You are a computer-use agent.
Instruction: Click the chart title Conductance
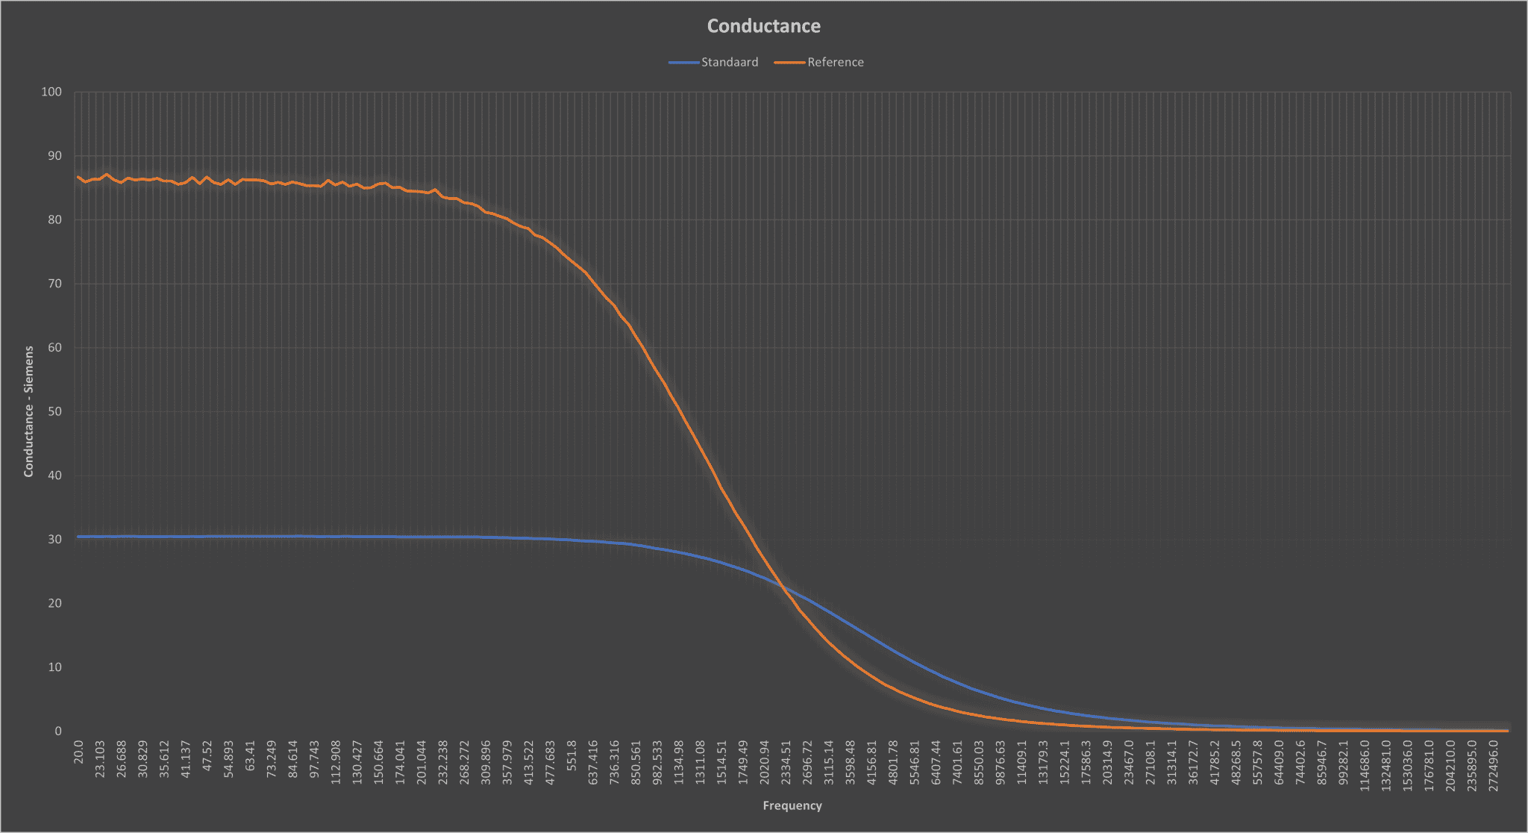(763, 26)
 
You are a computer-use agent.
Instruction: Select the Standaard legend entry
(714, 62)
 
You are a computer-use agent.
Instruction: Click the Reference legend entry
(819, 62)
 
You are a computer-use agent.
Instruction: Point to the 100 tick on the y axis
(51, 92)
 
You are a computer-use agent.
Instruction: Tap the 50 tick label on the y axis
(54, 411)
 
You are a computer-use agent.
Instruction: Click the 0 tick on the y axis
(58, 731)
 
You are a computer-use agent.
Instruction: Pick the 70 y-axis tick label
(54, 284)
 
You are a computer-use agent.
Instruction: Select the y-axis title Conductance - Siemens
(28, 411)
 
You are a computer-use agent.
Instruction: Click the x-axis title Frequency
(792, 805)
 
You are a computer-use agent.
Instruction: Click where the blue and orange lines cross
(783, 588)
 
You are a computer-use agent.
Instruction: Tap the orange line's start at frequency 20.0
(78, 177)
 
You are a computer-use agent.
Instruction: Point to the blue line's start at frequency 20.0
(78, 537)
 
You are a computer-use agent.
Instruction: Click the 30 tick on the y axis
(54, 539)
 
